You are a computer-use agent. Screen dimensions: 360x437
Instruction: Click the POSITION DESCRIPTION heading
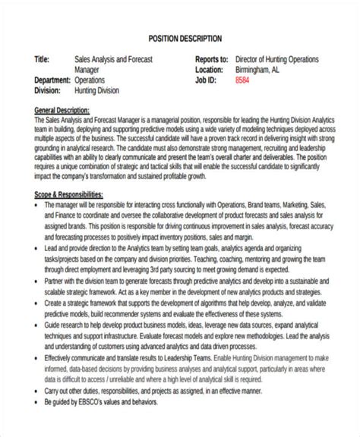(x=185, y=37)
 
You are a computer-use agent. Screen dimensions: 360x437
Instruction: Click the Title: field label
(x=43, y=59)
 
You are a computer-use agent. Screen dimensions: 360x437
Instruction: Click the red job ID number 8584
(x=242, y=79)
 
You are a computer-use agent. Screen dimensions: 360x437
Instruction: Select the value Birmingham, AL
(x=262, y=69)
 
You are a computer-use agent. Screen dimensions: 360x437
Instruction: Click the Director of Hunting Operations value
(x=277, y=59)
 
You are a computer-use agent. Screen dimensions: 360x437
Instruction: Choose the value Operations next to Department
(x=90, y=79)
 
